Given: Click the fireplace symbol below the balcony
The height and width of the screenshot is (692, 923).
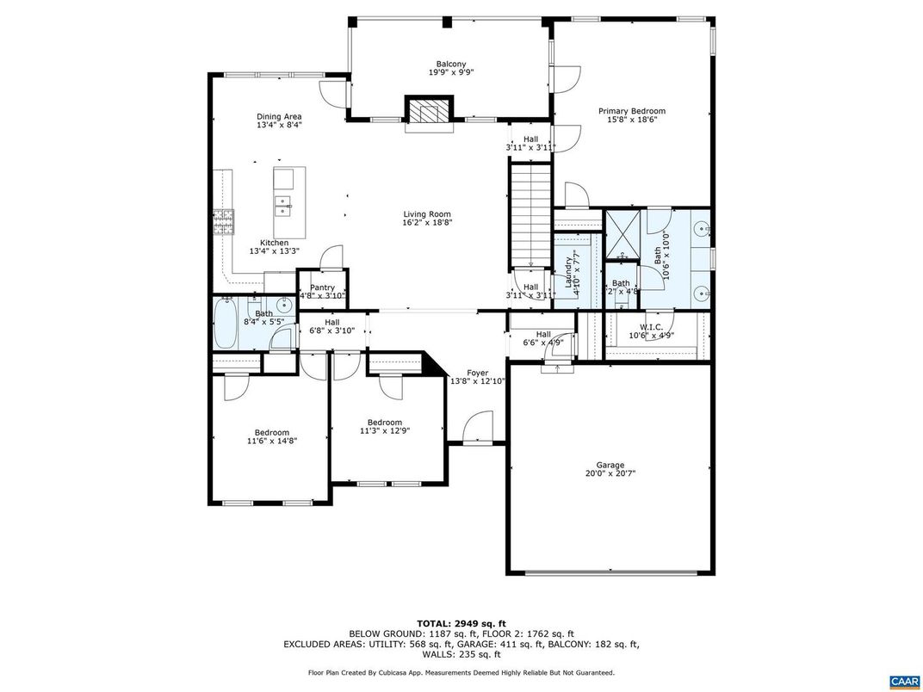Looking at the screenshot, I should [x=429, y=112].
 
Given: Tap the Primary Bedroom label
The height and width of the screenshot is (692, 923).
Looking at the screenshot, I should [x=632, y=111].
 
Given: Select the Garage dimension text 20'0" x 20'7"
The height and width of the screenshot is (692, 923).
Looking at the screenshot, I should [x=610, y=473].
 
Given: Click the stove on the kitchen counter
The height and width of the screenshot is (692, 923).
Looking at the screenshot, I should [x=224, y=222].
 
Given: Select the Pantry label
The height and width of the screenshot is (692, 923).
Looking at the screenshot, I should [x=322, y=287].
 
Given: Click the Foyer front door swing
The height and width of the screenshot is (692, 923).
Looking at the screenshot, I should [x=475, y=428].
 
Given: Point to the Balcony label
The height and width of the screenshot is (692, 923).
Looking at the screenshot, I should [x=451, y=64].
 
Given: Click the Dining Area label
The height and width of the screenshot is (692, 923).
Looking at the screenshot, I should [x=279, y=116].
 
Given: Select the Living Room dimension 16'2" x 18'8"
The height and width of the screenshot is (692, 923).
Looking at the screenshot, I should [x=427, y=223].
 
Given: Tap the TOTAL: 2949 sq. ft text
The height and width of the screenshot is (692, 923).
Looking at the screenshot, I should [x=461, y=622].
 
